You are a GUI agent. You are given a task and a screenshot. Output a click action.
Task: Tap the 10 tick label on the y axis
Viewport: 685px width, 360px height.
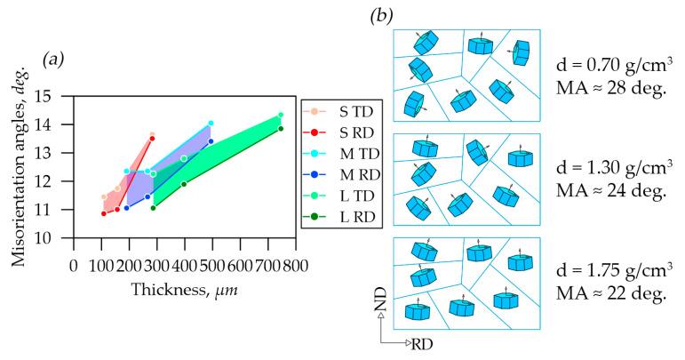(x=59, y=238)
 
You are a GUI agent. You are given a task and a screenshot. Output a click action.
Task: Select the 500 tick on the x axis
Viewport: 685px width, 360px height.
(x=211, y=265)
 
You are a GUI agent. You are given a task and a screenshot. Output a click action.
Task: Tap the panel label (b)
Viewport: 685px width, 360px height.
(x=383, y=16)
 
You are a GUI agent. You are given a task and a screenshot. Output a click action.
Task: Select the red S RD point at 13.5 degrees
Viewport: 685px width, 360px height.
(x=153, y=139)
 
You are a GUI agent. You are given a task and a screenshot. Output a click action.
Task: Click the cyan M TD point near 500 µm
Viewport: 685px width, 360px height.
(x=211, y=124)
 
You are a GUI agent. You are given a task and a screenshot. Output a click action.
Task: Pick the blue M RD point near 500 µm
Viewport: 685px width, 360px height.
(x=211, y=141)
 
